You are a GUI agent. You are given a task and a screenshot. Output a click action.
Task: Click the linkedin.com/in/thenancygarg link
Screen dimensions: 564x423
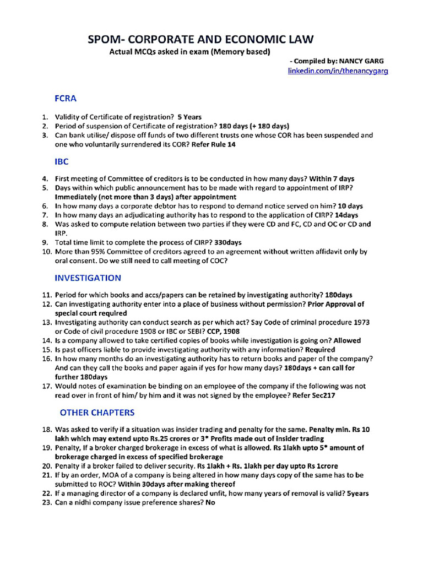click(x=338, y=71)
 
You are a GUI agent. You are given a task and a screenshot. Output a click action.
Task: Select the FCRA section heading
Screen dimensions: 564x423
click(x=65, y=99)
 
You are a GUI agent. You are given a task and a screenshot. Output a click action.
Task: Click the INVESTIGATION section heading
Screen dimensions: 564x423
click(x=88, y=278)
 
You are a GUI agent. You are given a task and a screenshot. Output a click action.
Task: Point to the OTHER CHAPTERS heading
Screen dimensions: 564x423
click(x=96, y=412)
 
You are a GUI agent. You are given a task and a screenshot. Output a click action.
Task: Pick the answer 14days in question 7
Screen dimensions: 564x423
click(x=346, y=215)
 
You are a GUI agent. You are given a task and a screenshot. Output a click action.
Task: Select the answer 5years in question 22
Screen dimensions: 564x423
click(x=358, y=493)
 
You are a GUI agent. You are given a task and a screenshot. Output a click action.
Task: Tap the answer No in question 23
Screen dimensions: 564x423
click(x=210, y=503)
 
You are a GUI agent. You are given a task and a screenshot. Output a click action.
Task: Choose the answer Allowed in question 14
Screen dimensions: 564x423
click(x=347, y=340)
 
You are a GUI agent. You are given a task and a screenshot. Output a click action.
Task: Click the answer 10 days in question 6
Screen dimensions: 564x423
click(x=350, y=205)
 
